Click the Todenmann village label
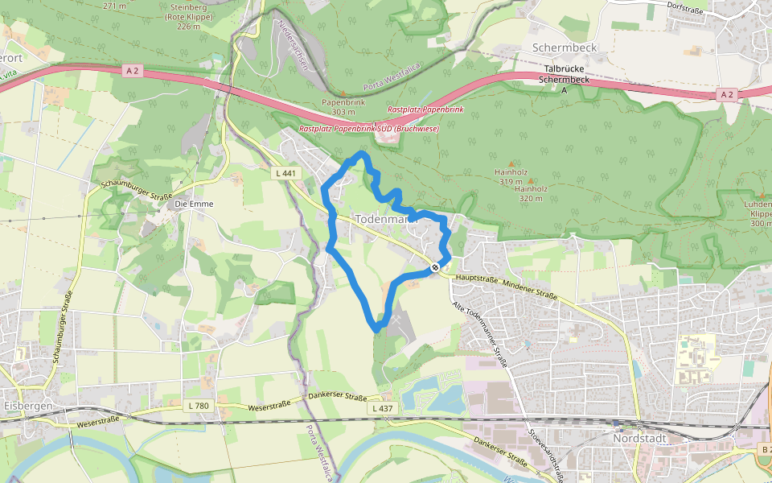click(387, 218)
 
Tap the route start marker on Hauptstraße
click(435, 266)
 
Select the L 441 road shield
click(285, 173)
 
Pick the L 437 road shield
click(383, 409)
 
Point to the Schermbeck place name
click(565, 47)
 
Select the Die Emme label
click(195, 204)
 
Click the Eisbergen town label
click(27, 406)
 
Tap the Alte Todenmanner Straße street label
click(480, 335)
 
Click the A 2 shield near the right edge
click(727, 95)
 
